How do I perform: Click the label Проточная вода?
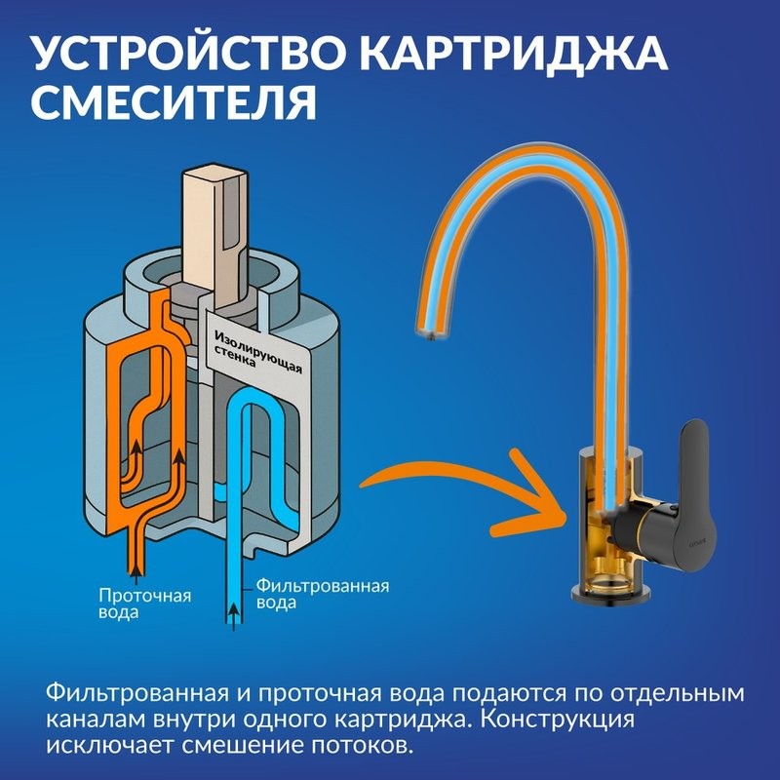(x=145, y=604)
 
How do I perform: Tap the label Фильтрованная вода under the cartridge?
(x=322, y=594)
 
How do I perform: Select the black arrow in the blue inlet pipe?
(x=233, y=612)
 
